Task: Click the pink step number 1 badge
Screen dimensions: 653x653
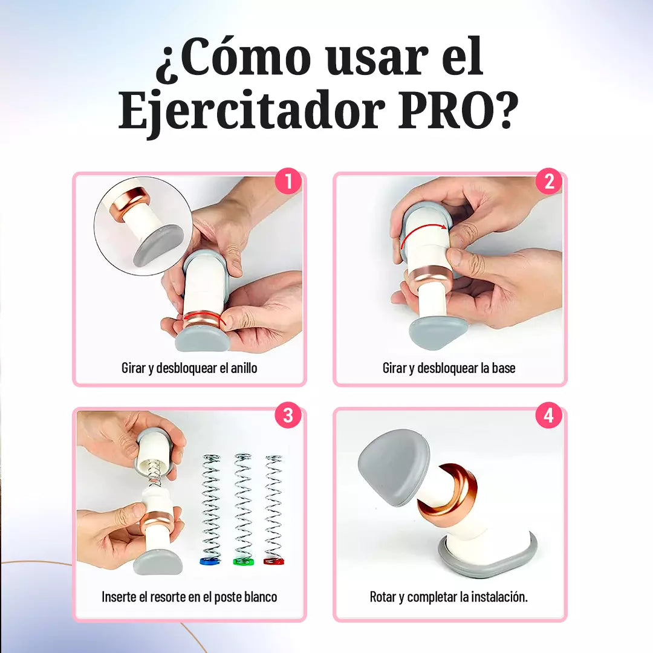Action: pyautogui.click(x=288, y=181)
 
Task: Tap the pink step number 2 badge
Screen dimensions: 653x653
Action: pyautogui.click(x=549, y=181)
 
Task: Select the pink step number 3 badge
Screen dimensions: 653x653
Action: pyautogui.click(x=288, y=416)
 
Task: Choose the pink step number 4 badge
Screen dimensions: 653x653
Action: pyautogui.click(x=549, y=416)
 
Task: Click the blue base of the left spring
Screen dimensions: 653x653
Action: pyautogui.click(x=210, y=561)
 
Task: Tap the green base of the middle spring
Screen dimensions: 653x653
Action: pyautogui.click(x=243, y=561)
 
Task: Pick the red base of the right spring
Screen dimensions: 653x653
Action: pyautogui.click(x=274, y=561)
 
